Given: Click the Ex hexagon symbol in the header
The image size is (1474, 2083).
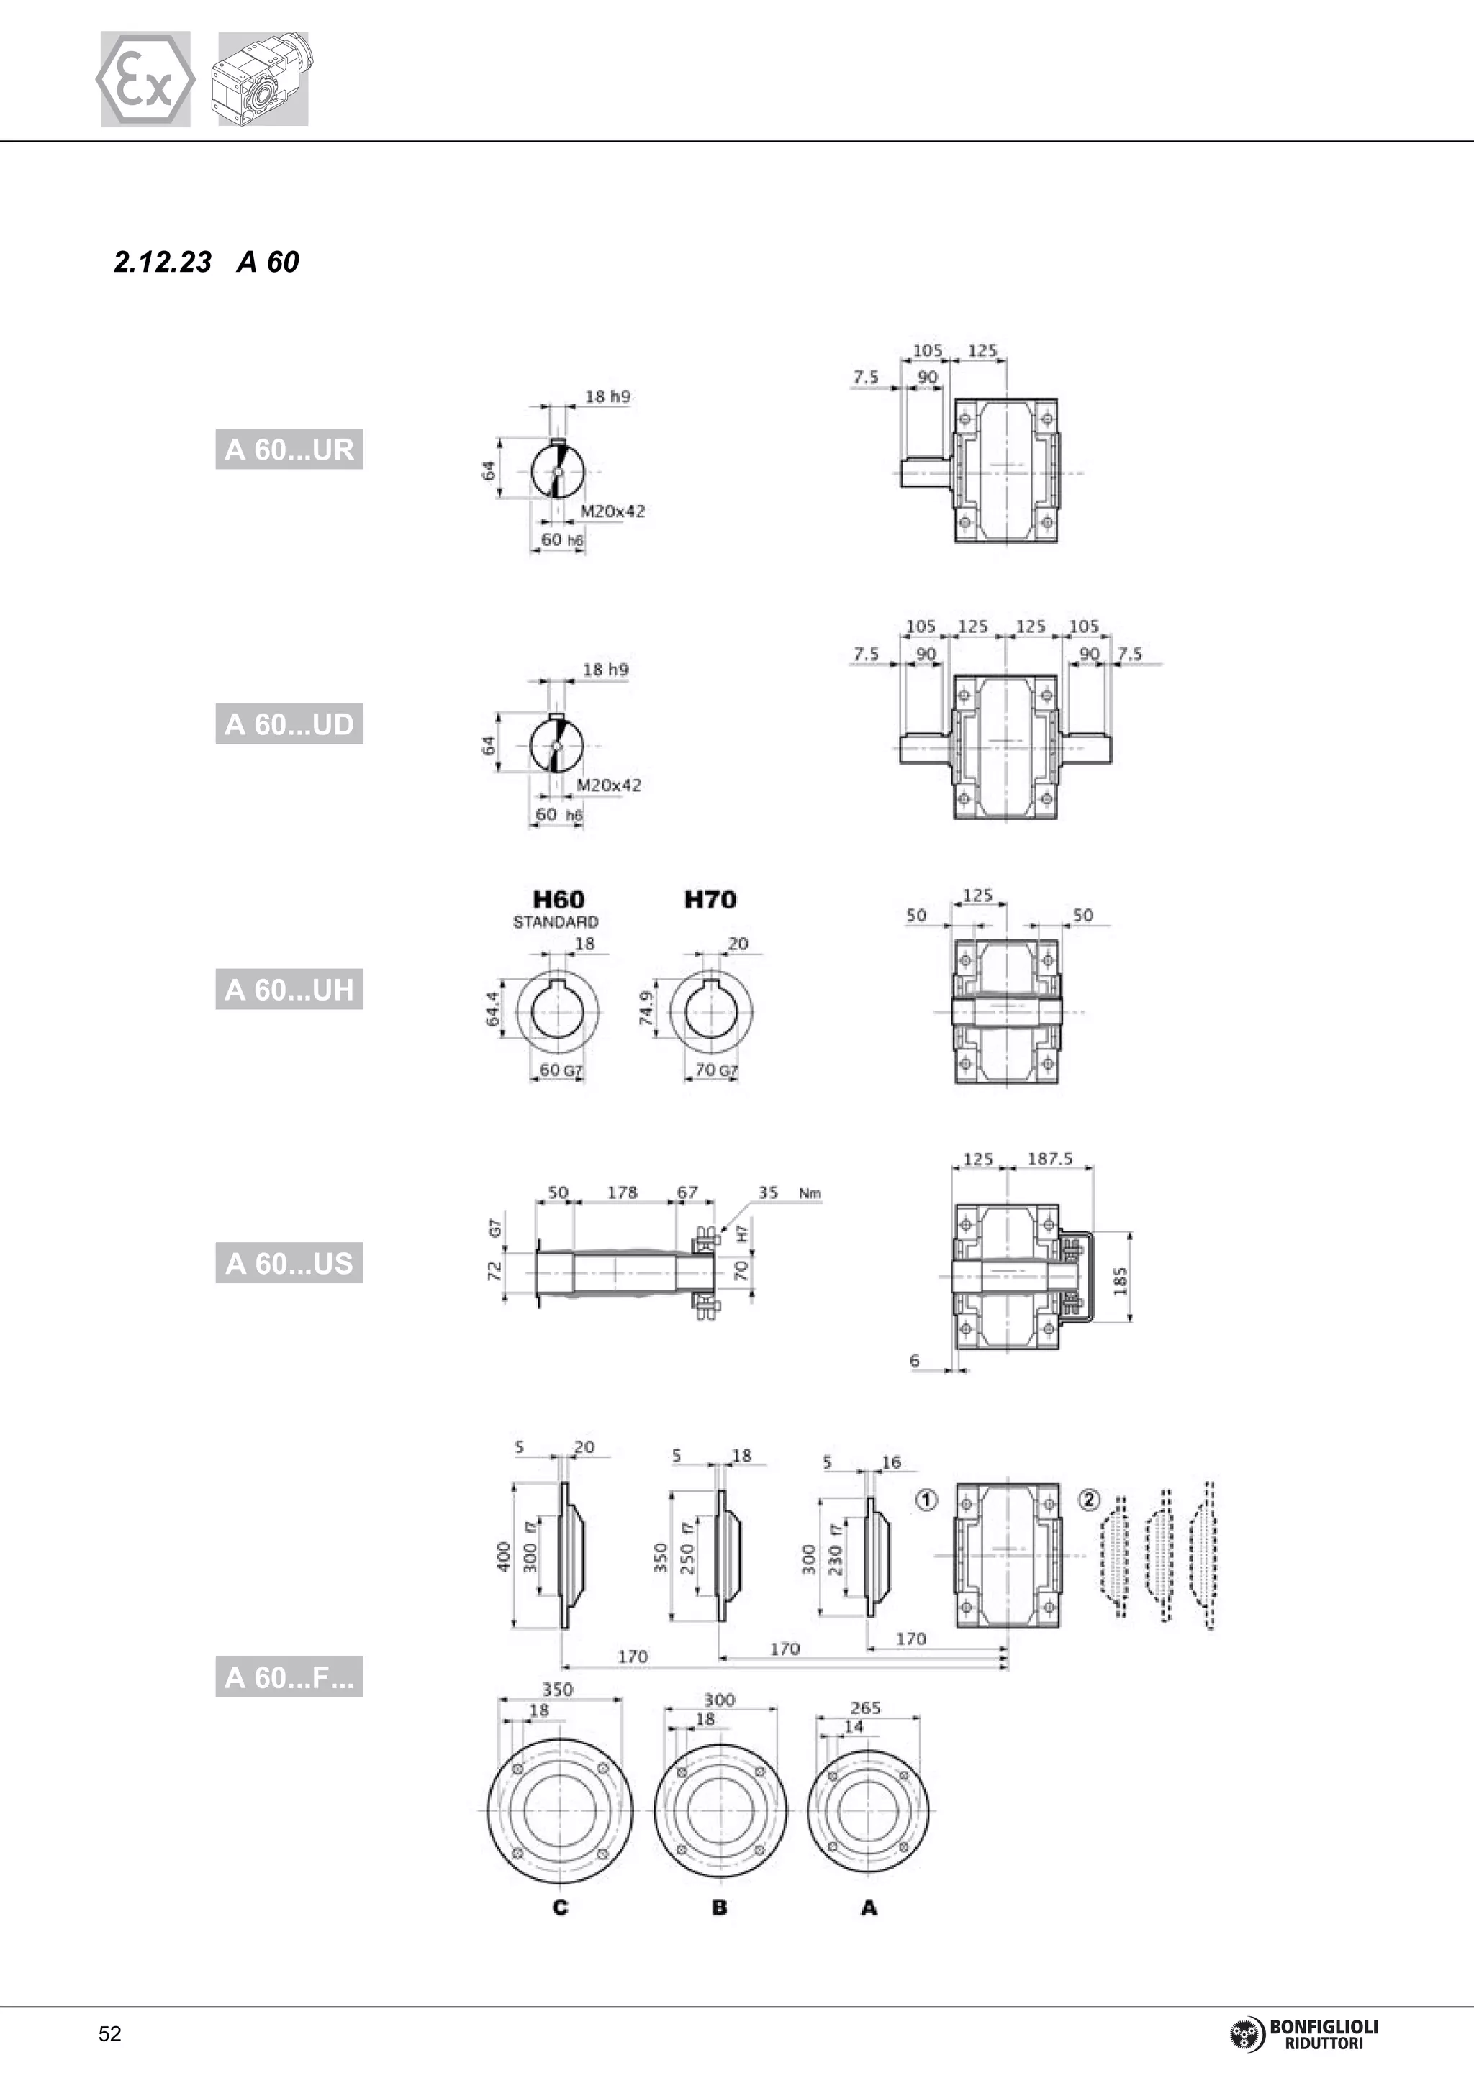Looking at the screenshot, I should pos(145,80).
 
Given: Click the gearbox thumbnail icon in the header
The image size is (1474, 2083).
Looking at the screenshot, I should pos(263,80).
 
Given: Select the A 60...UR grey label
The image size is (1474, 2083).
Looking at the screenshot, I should pos(289,449).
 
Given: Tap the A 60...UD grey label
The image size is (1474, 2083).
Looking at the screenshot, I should pos(289,724).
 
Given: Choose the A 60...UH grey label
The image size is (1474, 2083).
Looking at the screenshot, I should pos(289,989).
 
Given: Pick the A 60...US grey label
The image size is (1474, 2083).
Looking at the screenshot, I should pos(289,1263).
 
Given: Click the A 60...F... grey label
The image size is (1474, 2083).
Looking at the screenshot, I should pos(289,1677).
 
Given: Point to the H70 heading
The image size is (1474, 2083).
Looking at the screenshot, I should pos(710,900).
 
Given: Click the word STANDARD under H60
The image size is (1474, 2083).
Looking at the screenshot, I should pos(556,922).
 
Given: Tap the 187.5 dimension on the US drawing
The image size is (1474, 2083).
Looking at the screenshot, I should pos(1049,1159).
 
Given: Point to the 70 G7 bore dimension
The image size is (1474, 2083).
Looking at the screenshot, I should pos(715,1070).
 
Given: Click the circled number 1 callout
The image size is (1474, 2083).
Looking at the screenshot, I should pos(926,1500).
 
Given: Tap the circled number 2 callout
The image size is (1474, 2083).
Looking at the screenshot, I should pos(1089,1500).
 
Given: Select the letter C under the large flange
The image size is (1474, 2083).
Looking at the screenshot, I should pos(560,1907).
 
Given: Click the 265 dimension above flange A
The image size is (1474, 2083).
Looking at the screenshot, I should pos(865,1708).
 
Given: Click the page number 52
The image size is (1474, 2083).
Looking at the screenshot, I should pos(110,2034).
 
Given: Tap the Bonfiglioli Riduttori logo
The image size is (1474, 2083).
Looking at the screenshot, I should pos(1303,2034).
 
